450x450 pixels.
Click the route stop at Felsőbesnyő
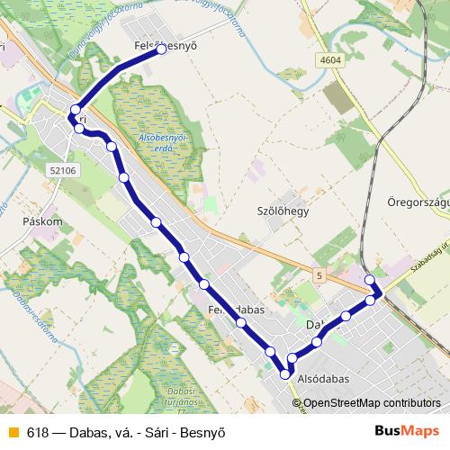point(162,50)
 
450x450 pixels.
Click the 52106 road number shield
point(66,169)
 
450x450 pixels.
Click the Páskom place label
point(43,220)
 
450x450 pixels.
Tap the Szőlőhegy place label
point(283,211)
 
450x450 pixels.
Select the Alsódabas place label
point(322,379)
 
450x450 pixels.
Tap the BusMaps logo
point(407,431)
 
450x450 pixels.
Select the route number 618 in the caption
point(38,432)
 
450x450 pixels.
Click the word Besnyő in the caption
point(202,432)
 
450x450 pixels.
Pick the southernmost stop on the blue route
point(286,373)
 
